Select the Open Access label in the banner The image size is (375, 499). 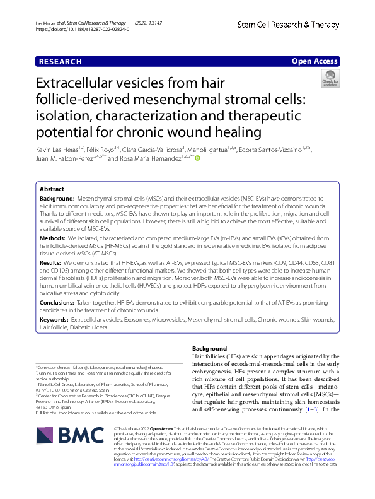[314, 61]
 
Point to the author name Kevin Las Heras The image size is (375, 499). [60, 149]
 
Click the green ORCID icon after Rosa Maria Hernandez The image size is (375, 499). [197, 159]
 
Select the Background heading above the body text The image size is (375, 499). [209, 349]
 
